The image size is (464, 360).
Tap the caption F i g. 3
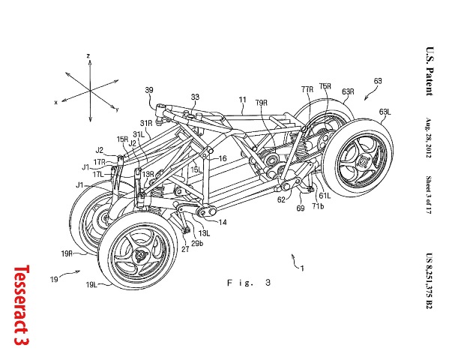pos(248,283)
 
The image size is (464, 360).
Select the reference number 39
pos(149,90)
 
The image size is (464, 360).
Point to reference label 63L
pos(385,112)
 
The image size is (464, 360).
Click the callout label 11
pos(242,99)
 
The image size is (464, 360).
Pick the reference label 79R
pos(262,103)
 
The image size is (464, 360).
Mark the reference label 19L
pos(91,285)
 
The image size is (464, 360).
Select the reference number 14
pos(223,223)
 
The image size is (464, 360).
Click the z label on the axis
pos(88,56)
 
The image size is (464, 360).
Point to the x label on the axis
pos(55,101)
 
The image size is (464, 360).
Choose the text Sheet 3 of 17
pos(431,194)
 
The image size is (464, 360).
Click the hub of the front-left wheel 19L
pos(140,255)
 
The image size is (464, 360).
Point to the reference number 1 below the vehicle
pos(302,267)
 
